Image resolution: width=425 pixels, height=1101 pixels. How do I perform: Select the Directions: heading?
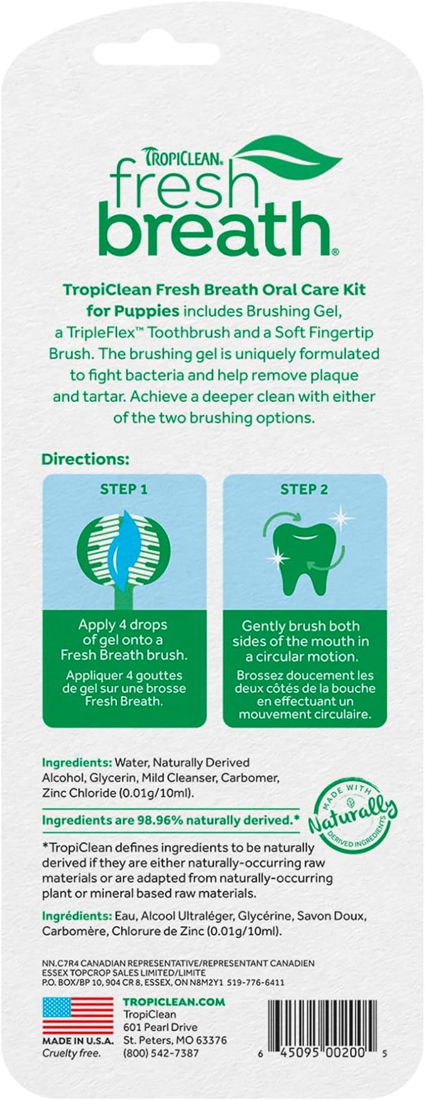pyautogui.click(x=85, y=459)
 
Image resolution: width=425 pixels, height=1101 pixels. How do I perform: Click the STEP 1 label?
pyautogui.click(x=124, y=489)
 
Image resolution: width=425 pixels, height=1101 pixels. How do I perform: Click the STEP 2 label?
pyautogui.click(x=304, y=489)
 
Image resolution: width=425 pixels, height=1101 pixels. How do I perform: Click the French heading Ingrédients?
pyautogui.click(x=76, y=916)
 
